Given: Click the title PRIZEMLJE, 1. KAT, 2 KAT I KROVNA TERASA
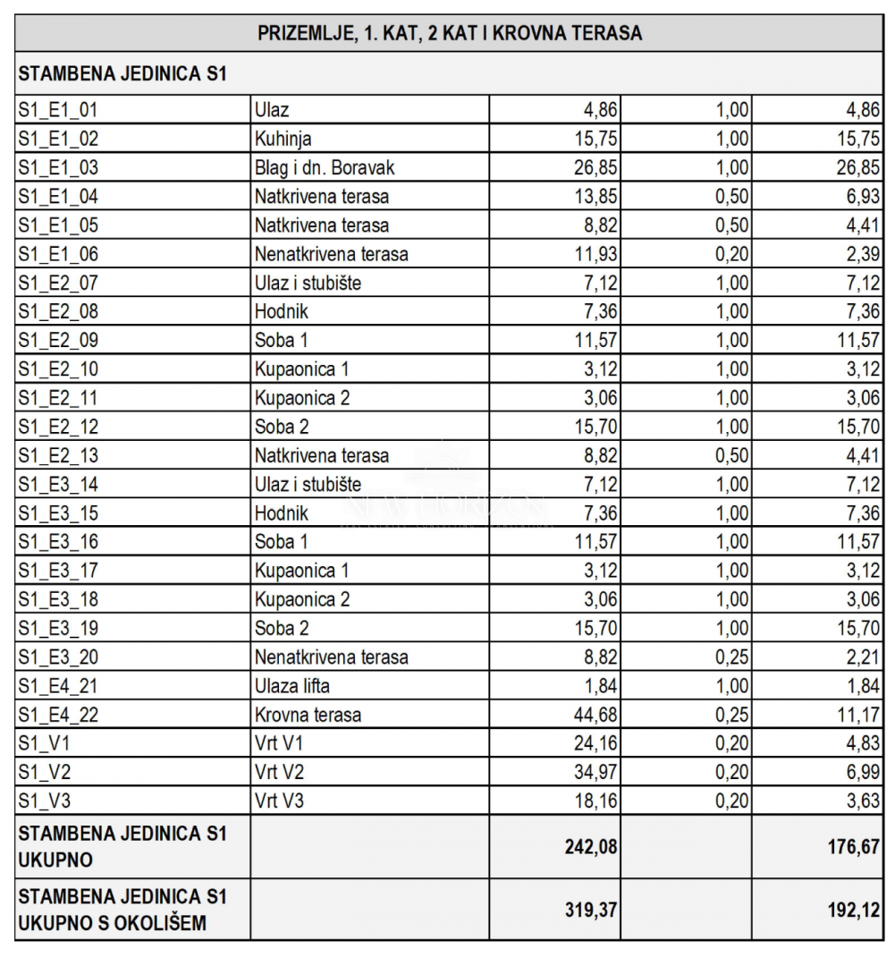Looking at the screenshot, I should click(x=450, y=33).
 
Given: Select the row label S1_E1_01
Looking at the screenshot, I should click(x=58, y=110).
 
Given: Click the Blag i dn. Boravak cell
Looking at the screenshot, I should click(x=325, y=167).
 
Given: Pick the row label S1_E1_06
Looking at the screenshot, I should click(x=58, y=254).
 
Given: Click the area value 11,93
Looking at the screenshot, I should click(x=596, y=254).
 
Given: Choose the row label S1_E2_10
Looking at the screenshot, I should click(x=58, y=369).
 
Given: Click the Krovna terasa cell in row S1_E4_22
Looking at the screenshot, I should click(x=308, y=715).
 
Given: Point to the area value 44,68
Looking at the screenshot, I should click(x=596, y=715).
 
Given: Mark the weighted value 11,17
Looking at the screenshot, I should click(x=859, y=715).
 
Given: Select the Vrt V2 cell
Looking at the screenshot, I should click(x=279, y=771).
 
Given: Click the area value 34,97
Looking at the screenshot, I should click(x=596, y=771).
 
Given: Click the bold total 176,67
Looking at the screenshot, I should click(x=854, y=846).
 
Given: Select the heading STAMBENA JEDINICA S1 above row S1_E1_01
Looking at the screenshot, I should click(x=122, y=74).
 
